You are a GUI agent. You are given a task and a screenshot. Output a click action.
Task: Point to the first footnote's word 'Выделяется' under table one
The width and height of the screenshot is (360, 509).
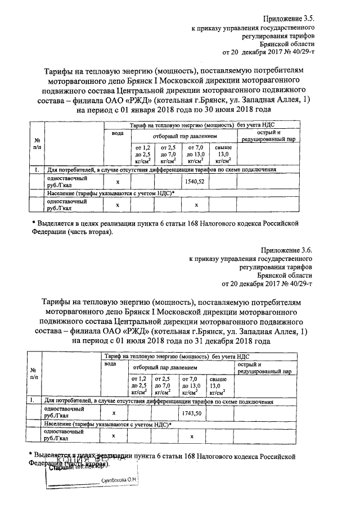click(56, 223)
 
